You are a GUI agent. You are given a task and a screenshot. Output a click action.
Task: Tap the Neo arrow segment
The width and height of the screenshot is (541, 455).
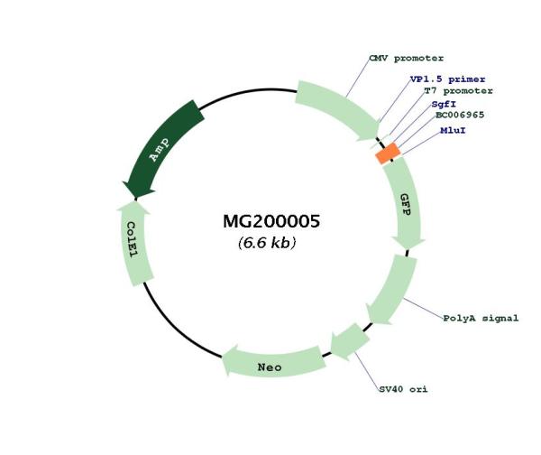tap(272, 363)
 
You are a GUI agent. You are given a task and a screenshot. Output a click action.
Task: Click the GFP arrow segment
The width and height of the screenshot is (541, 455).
tap(406, 204)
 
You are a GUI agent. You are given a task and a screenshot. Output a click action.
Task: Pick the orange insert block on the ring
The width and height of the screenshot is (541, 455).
tap(388, 153)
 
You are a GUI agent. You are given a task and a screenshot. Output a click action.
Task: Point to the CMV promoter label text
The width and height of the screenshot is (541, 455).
tap(407, 59)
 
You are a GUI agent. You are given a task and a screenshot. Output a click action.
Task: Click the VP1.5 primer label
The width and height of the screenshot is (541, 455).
tap(447, 79)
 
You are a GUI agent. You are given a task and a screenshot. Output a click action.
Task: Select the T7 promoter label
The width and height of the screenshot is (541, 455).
tap(458, 91)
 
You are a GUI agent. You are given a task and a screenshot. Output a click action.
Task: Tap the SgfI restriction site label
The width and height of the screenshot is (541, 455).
tap(444, 104)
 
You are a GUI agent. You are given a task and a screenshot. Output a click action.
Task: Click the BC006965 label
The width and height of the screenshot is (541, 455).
tap(460, 115)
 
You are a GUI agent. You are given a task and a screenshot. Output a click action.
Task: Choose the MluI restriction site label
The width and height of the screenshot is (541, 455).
tap(453, 131)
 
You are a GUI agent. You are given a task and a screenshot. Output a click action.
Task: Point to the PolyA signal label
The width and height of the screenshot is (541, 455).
tap(481, 318)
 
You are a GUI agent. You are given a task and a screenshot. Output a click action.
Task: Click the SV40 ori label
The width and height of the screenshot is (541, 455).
tap(403, 389)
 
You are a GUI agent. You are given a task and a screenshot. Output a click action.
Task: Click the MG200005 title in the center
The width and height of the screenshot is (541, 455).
tap(271, 221)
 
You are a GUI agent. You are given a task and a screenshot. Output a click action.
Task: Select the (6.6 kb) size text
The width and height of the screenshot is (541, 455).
tap(267, 243)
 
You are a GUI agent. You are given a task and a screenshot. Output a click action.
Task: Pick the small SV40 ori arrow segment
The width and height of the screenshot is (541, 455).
tap(350, 341)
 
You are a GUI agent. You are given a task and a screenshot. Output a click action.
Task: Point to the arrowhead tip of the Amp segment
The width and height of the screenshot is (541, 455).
tap(135, 199)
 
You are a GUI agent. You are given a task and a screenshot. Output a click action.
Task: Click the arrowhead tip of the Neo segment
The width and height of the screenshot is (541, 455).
tap(224, 357)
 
